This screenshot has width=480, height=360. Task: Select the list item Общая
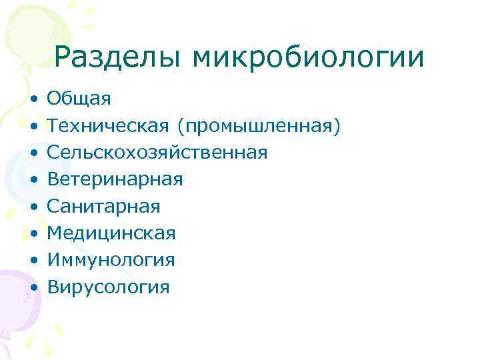pyautogui.click(x=79, y=99)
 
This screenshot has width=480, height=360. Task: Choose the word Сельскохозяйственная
pyautogui.click(x=157, y=153)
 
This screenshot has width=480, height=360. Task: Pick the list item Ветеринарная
pyautogui.click(x=114, y=179)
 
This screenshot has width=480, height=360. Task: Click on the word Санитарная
pyautogui.click(x=103, y=206)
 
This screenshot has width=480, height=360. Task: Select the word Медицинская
pyautogui.click(x=111, y=233)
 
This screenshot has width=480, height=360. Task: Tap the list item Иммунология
pyautogui.click(x=111, y=260)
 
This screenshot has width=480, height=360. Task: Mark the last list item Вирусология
pyautogui.click(x=108, y=287)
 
